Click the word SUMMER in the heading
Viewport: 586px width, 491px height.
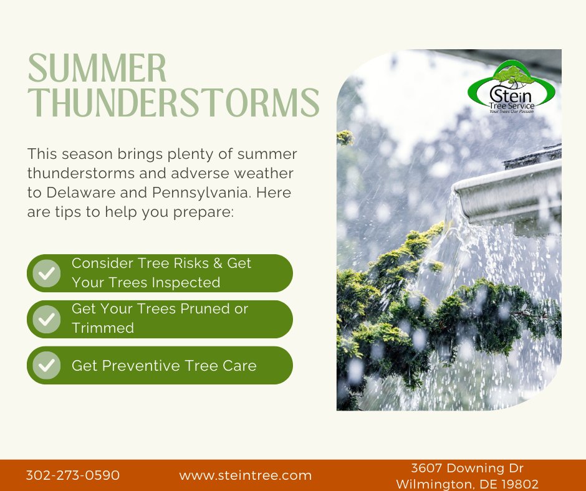tap(98, 69)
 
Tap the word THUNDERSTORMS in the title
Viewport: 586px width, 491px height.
tap(173, 103)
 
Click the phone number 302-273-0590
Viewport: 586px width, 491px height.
tap(73, 475)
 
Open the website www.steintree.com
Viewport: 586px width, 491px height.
tap(246, 475)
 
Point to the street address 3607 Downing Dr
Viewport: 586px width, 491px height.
tap(467, 468)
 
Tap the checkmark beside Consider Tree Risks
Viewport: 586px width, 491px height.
tap(46, 273)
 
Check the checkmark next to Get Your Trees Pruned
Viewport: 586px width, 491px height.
tap(46, 319)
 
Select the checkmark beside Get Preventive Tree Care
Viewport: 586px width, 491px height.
tap(46, 365)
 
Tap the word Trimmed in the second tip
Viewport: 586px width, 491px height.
tap(103, 328)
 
